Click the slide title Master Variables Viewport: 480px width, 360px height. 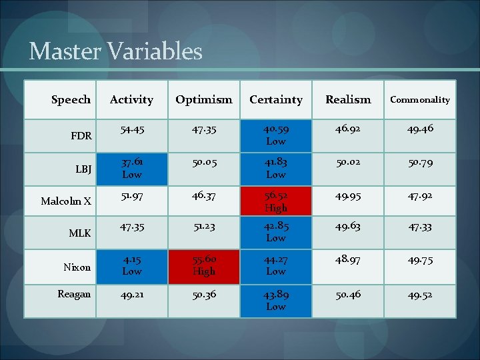[115, 51]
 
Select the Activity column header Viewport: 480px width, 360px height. [131, 99]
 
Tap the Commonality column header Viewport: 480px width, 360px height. [419, 99]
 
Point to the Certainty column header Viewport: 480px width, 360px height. [275, 99]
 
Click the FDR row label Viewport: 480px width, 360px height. [81, 135]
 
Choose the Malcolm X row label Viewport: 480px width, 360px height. [66, 201]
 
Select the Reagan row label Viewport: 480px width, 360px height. [74, 294]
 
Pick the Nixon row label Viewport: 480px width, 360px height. [77, 267]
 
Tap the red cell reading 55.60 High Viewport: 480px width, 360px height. [204, 265]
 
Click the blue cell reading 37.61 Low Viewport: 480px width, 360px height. [132, 168]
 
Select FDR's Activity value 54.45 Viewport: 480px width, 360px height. [132, 130]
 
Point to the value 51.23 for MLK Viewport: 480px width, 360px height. [204, 226]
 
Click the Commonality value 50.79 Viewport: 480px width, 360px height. [419, 163]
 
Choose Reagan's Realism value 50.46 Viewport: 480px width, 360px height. [348, 294]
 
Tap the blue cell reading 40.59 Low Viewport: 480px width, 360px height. [276, 135]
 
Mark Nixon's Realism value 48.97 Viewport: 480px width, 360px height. [348, 259]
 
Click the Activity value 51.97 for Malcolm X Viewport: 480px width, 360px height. [132, 195]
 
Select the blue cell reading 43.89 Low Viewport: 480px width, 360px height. [276, 301]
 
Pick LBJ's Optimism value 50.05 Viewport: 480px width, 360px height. [204, 163]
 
